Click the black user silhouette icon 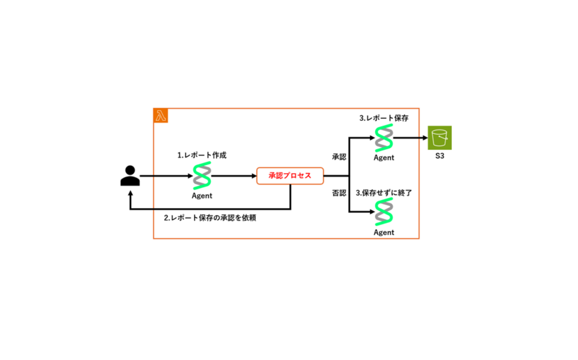click(x=130, y=176)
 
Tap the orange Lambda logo click(x=161, y=115)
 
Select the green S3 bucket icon click(x=440, y=138)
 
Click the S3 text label click(x=440, y=157)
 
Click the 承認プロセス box click(x=290, y=176)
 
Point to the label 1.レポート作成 click(x=202, y=155)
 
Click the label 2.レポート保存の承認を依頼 click(x=210, y=218)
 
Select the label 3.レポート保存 click(x=384, y=118)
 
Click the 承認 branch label click(x=339, y=157)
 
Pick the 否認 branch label click(x=339, y=193)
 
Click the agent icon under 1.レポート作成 click(x=202, y=176)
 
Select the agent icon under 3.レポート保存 click(x=384, y=138)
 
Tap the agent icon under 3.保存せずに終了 click(x=384, y=212)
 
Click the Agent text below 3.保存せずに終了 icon click(x=384, y=232)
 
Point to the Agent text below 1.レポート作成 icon click(x=202, y=195)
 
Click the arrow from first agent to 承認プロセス click(x=234, y=176)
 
